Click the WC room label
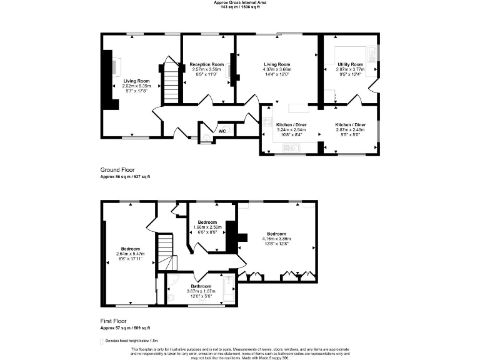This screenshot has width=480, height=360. (222, 131)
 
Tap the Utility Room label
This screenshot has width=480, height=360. (350, 64)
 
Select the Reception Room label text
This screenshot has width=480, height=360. (207, 64)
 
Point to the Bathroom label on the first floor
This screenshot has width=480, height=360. (201, 286)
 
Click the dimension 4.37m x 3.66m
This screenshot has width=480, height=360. (277, 69)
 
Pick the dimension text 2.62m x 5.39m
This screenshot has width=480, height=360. (136, 86)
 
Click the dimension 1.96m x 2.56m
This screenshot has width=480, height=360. (207, 227)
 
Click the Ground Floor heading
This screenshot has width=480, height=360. (117, 170)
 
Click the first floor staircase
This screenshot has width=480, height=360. (164, 250)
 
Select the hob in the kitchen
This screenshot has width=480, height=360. (267, 123)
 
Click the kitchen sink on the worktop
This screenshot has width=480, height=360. (291, 147)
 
